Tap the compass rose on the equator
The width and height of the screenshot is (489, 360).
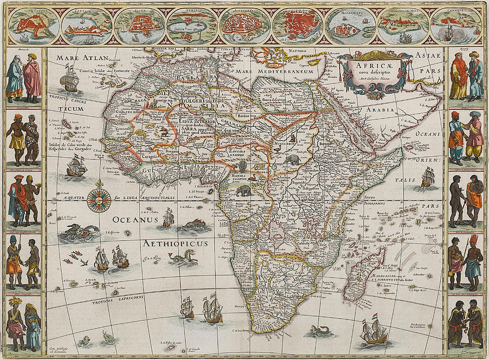99,200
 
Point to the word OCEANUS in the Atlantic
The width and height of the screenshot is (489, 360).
135,220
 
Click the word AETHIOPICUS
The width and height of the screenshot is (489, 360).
175,244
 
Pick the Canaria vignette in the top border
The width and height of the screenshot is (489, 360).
455,26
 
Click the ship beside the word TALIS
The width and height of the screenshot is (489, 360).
428,177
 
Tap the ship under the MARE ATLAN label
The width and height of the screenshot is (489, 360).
70,79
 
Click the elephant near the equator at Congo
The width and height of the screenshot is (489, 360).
243,190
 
